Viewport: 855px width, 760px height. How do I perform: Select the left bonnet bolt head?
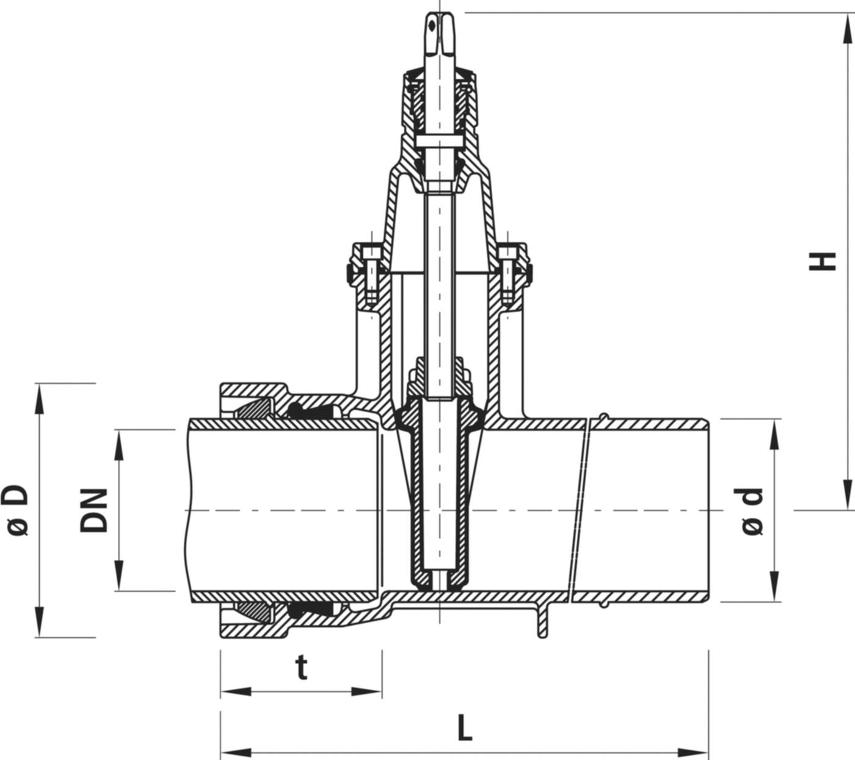pos(368,252)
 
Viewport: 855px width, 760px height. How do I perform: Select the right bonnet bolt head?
pos(507,252)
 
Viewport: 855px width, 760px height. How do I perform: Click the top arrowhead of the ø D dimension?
pos(40,397)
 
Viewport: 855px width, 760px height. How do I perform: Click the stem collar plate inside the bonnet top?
pos(438,140)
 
